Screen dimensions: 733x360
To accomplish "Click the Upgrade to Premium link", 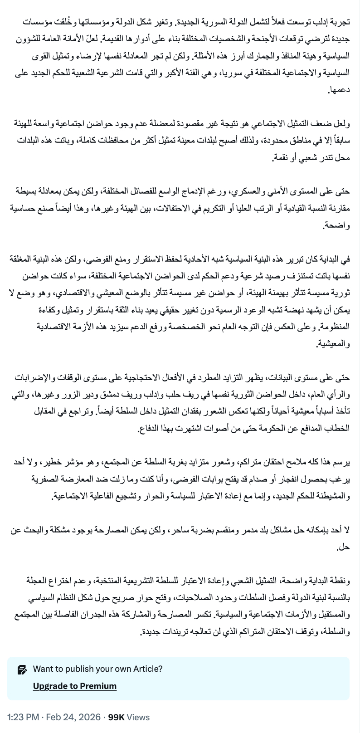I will coord(74,686).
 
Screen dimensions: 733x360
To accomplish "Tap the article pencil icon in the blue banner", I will coord(22,669).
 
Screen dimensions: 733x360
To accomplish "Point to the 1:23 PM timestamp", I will coord(23,717).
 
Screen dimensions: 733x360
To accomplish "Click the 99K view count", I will coord(117,717).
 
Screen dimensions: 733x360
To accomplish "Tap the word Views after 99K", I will coord(138,717).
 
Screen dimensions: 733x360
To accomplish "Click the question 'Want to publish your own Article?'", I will coord(97,669).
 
